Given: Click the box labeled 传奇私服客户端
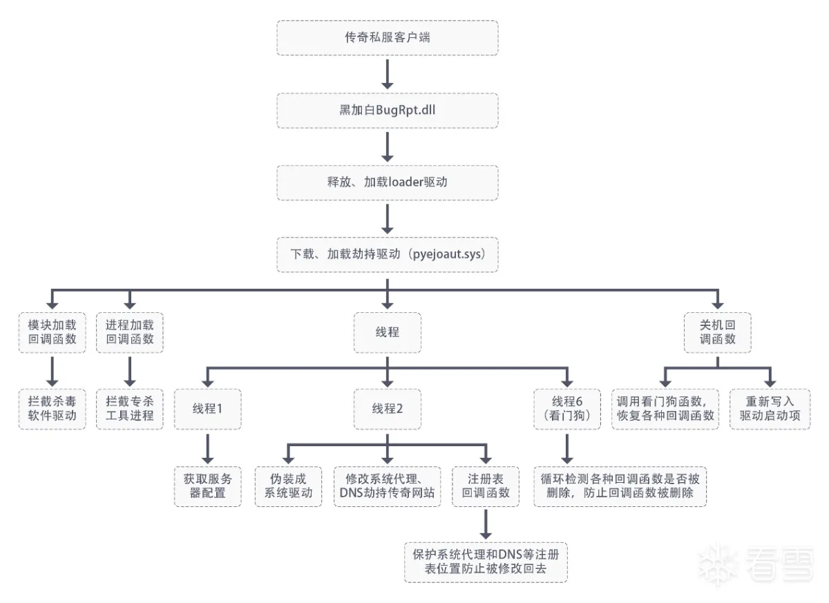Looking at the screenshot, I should point(387,37).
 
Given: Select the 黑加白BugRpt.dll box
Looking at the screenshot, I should point(387,110).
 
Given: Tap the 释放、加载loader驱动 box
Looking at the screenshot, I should point(387,182).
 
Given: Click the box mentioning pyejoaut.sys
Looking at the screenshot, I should point(387,254).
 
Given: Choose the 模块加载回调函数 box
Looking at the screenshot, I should point(53,332).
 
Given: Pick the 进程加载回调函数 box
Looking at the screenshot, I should point(130,332).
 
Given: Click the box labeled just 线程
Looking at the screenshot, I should point(387,332).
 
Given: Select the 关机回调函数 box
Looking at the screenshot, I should point(718,332).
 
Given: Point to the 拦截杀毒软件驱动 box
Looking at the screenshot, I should point(53,409).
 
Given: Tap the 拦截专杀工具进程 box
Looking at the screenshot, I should point(130,409).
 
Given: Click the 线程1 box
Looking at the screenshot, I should point(208,409).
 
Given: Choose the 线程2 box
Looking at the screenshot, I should point(387,409).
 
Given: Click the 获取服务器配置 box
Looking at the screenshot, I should point(208,486).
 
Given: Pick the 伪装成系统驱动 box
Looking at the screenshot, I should point(289,486).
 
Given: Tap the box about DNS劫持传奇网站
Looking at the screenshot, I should point(387,486).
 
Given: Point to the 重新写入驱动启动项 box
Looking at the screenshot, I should point(770,409).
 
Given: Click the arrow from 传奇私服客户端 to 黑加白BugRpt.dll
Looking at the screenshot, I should point(387,73).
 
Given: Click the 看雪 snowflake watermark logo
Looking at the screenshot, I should point(718,561).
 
